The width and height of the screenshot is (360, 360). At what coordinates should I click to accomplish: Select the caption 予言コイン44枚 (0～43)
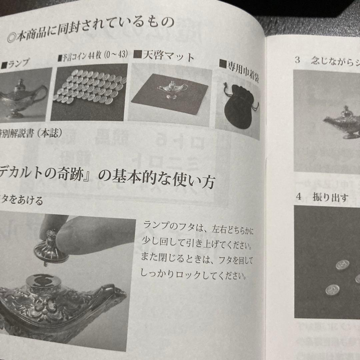tap(93, 56)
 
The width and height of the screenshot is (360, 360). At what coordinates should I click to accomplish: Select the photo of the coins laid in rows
tap(89, 90)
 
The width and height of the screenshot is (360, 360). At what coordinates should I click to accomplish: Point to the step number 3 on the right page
tap(298, 60)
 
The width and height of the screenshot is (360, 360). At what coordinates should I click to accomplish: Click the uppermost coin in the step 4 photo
tap(342, 265)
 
